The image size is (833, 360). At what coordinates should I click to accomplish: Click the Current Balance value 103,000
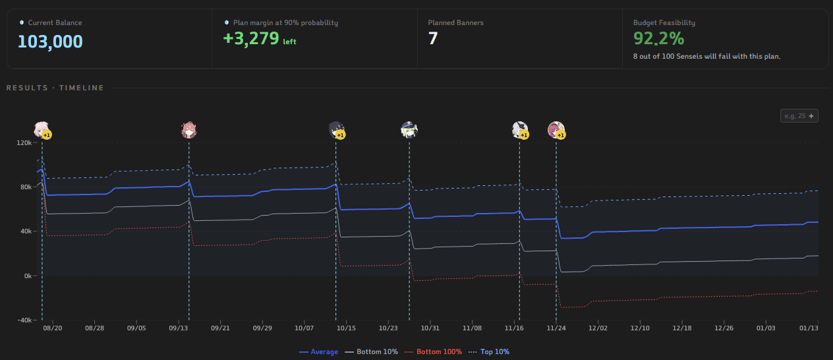click(50, 42)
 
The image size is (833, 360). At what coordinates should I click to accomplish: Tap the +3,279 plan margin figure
click(251, 38)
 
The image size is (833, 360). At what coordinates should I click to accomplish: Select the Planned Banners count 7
click(433, 38)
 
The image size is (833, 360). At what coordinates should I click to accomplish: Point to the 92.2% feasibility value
click(658, 38)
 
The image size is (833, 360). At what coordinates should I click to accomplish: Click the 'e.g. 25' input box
click(799, 116)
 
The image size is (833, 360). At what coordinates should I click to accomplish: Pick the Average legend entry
click(319, 352)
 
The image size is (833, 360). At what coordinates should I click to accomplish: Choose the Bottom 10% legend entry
click(371, 352)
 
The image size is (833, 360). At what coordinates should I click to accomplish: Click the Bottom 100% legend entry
click(433, 352)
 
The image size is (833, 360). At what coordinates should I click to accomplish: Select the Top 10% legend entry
click(489, 352)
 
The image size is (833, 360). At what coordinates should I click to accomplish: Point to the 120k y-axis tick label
click(24, 143)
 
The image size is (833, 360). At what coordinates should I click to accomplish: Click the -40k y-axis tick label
click(24, 320)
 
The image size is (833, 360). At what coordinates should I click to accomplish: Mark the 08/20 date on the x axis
click(53, 328)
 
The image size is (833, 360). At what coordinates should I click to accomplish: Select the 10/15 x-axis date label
click(346, 328)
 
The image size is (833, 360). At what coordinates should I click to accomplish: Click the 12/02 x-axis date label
click(598, 328)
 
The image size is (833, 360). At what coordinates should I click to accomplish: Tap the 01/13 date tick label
click(809, 328)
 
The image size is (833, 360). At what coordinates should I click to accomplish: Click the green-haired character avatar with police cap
click(409, 130)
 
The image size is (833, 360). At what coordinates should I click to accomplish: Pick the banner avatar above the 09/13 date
click(189, 130)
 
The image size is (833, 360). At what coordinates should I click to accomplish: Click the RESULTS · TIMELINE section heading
click(55, 88)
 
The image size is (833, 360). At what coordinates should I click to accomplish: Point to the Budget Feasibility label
click(664, 22)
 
